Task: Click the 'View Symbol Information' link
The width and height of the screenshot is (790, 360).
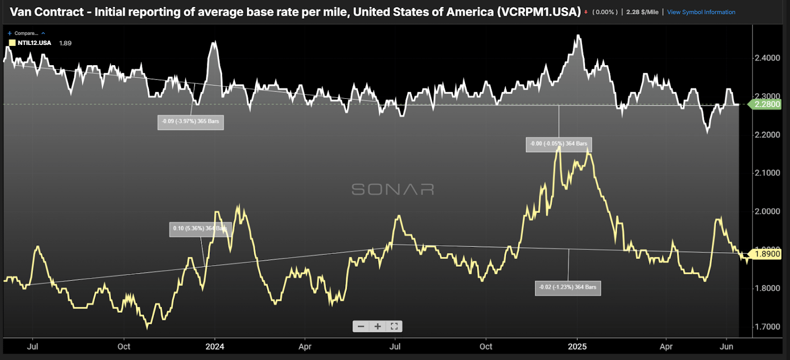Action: [x=701, y=12]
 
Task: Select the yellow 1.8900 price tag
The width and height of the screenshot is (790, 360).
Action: [x=767, y=254]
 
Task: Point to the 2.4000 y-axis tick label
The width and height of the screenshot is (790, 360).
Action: [x=767, y=58]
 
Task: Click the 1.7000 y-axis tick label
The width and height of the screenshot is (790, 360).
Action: [x=767, y=326]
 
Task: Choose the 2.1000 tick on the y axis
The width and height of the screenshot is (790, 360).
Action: [x=767, y=173]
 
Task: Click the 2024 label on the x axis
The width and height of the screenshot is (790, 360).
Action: [x=215, y=346]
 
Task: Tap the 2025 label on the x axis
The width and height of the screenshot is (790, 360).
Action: [x=577, y=346]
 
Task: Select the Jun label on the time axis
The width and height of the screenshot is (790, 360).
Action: [x=726, y=346]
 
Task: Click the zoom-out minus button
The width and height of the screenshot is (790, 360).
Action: [x=361, y=326]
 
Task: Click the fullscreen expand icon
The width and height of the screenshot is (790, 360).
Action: [x=394, y=326]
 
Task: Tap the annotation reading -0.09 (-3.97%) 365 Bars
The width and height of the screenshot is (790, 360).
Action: [x=191, y=121]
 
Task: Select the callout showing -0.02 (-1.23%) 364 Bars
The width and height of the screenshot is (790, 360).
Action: [x=568, y=287]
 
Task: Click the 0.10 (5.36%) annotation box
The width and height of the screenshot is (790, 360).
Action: [x=200, y=229]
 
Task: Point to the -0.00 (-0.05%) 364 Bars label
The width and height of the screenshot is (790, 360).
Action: [x=558, y=144]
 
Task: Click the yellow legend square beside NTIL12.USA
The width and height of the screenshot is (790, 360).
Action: [x=12, y=43]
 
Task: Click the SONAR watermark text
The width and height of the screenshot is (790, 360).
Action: [x=393, y=189]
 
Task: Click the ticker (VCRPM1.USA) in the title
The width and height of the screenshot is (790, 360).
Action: [x=539, y=12]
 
